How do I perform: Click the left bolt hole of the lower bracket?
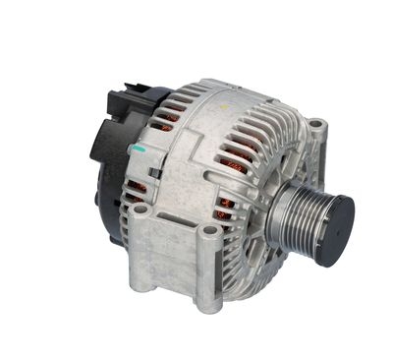tap(141, 210)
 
